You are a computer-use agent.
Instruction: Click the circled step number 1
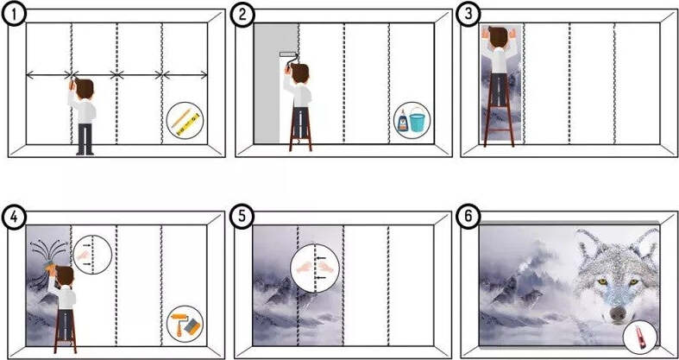pyautogui.click(x=14, y=15)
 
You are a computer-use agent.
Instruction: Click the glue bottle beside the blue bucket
pyautogui.click(x=403, y=121)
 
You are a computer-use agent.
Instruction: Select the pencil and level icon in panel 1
pyautogui.click(x=185, y=121)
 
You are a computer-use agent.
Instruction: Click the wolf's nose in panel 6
pyautogui.click(x=618, y=313)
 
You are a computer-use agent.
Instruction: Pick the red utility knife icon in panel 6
pyautogui.click(x=640, y=336)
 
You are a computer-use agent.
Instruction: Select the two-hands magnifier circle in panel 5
pyautogui.click(x=315, y=268)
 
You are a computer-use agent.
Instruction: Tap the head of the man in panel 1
pyautogui.click(x=85, y=88)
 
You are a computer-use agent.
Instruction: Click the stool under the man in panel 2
pyautogui.click(x=300, y=129)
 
